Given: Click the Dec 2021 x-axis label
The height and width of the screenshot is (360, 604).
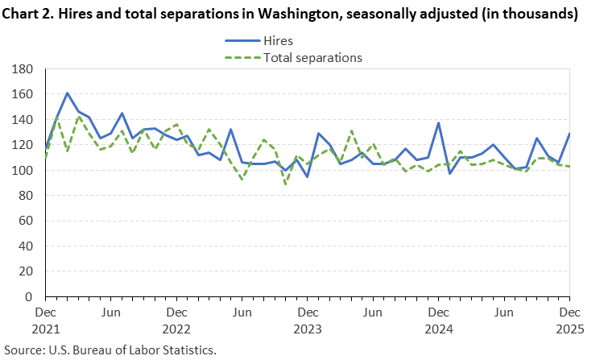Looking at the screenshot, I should click(x=45, y=320).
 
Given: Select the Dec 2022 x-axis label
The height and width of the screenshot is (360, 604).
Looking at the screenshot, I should click(x=176, y=320).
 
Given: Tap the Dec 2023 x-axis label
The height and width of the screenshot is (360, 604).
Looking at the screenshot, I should click(x=308, y=320).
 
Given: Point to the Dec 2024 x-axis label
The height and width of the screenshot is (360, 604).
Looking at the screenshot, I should click(x=438, y=320).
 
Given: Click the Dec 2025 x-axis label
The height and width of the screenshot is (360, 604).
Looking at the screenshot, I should click(x=569, y=320).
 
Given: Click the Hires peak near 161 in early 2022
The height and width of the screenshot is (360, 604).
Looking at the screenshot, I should click(x=67, y=93).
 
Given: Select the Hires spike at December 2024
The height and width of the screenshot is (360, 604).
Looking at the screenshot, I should click(x=438, y=123).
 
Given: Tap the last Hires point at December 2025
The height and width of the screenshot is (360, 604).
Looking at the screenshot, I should click(x=569, y=134).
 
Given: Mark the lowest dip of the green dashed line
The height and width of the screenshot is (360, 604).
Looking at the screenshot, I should click(x=285, y=184).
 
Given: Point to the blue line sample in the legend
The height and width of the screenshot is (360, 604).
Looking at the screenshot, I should click(x=241, y=40).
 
